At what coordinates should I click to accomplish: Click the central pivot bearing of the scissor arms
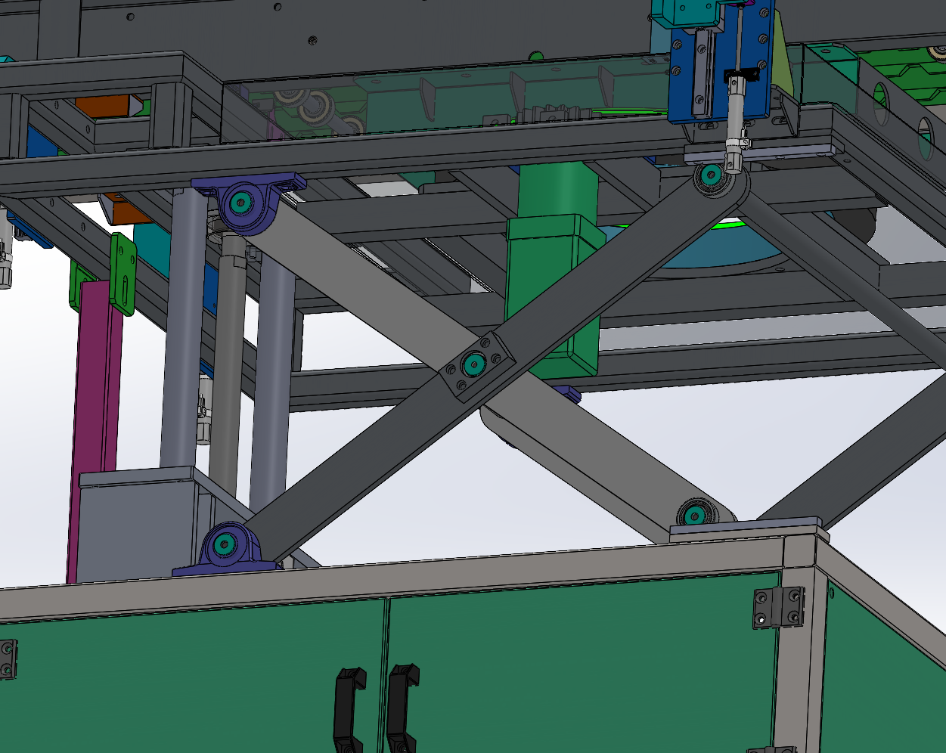(474, 364)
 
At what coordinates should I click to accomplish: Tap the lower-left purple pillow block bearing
(225, 545)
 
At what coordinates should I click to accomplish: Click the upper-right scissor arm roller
(711, 175)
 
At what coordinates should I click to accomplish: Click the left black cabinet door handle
(349, 707)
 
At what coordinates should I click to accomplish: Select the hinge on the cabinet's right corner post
(778, 607)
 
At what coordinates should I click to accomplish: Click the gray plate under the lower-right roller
(745, 528)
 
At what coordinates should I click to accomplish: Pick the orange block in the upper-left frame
(106, 105)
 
